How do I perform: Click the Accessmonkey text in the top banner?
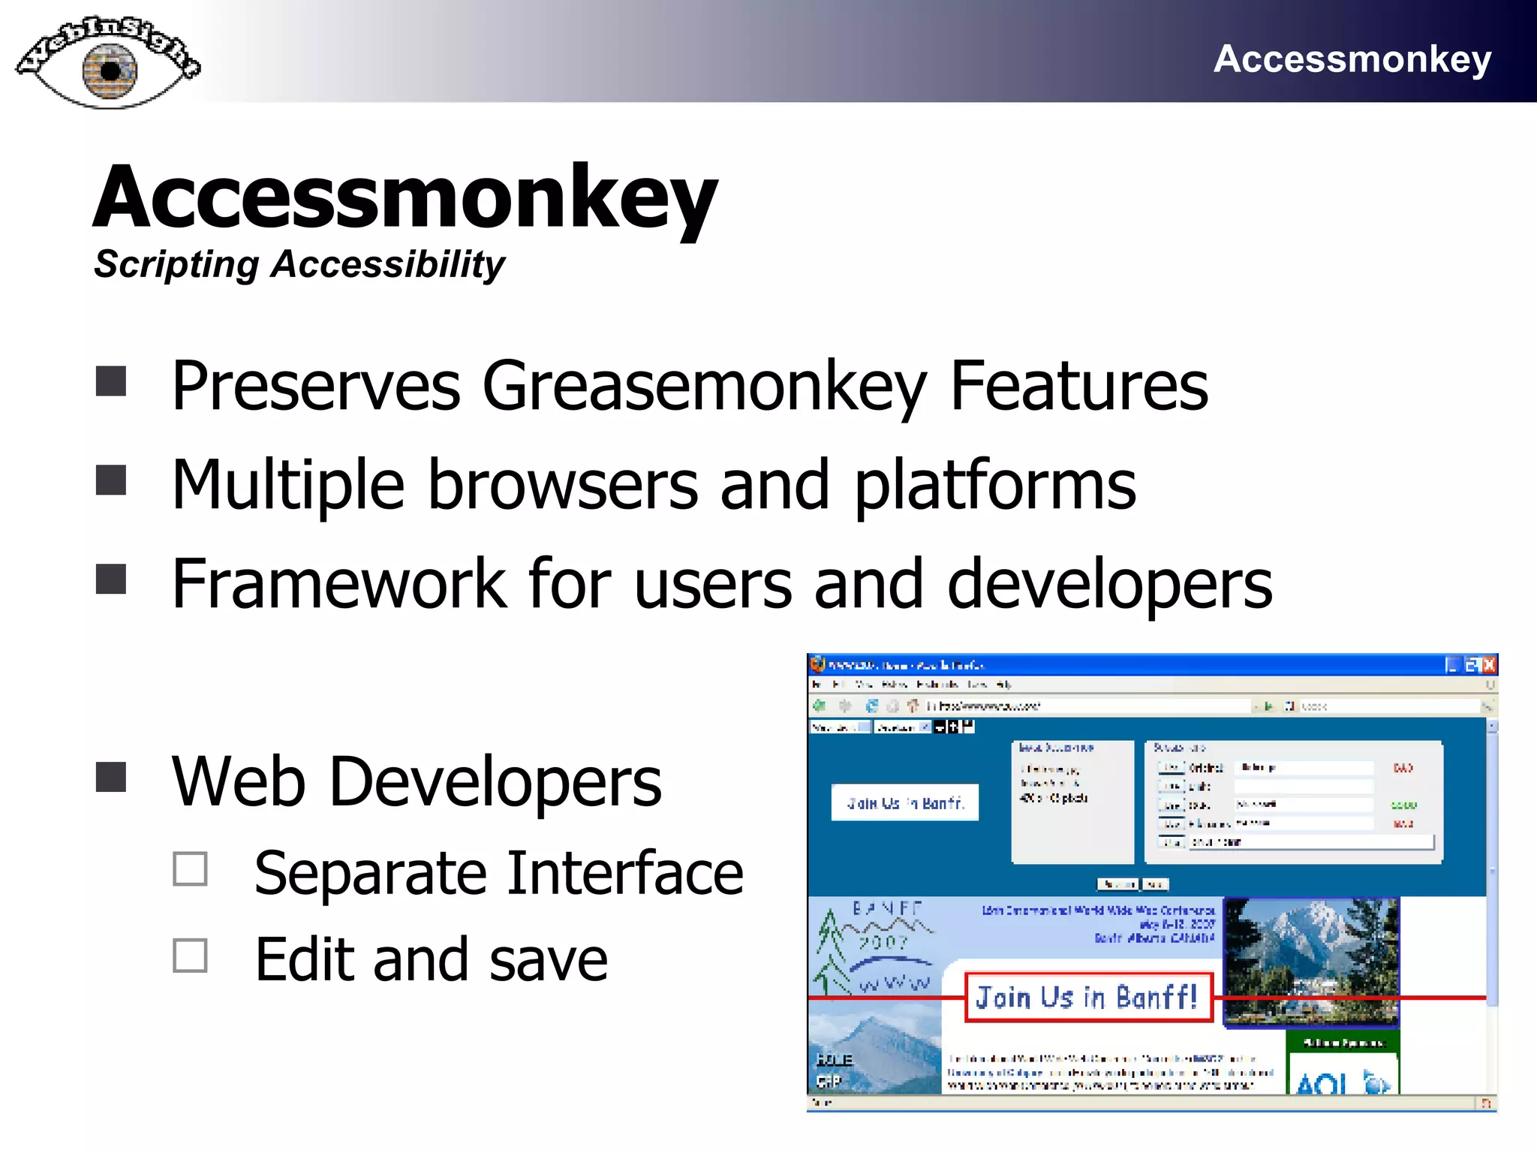[1352, 59]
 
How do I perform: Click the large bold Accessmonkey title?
[405, 197]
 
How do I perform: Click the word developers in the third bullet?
[1109, 584]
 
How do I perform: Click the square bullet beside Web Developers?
[111, 778]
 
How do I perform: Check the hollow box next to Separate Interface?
[190, 869]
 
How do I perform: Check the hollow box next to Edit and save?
[190, 956]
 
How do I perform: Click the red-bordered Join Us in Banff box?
[1088, 998]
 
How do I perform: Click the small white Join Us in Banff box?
[904, 802]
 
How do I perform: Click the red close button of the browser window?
[1489, 665]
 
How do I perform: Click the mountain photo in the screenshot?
[1310, 961]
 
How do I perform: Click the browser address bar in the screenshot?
[1088, 706]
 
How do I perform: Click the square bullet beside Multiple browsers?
[111, 480]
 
